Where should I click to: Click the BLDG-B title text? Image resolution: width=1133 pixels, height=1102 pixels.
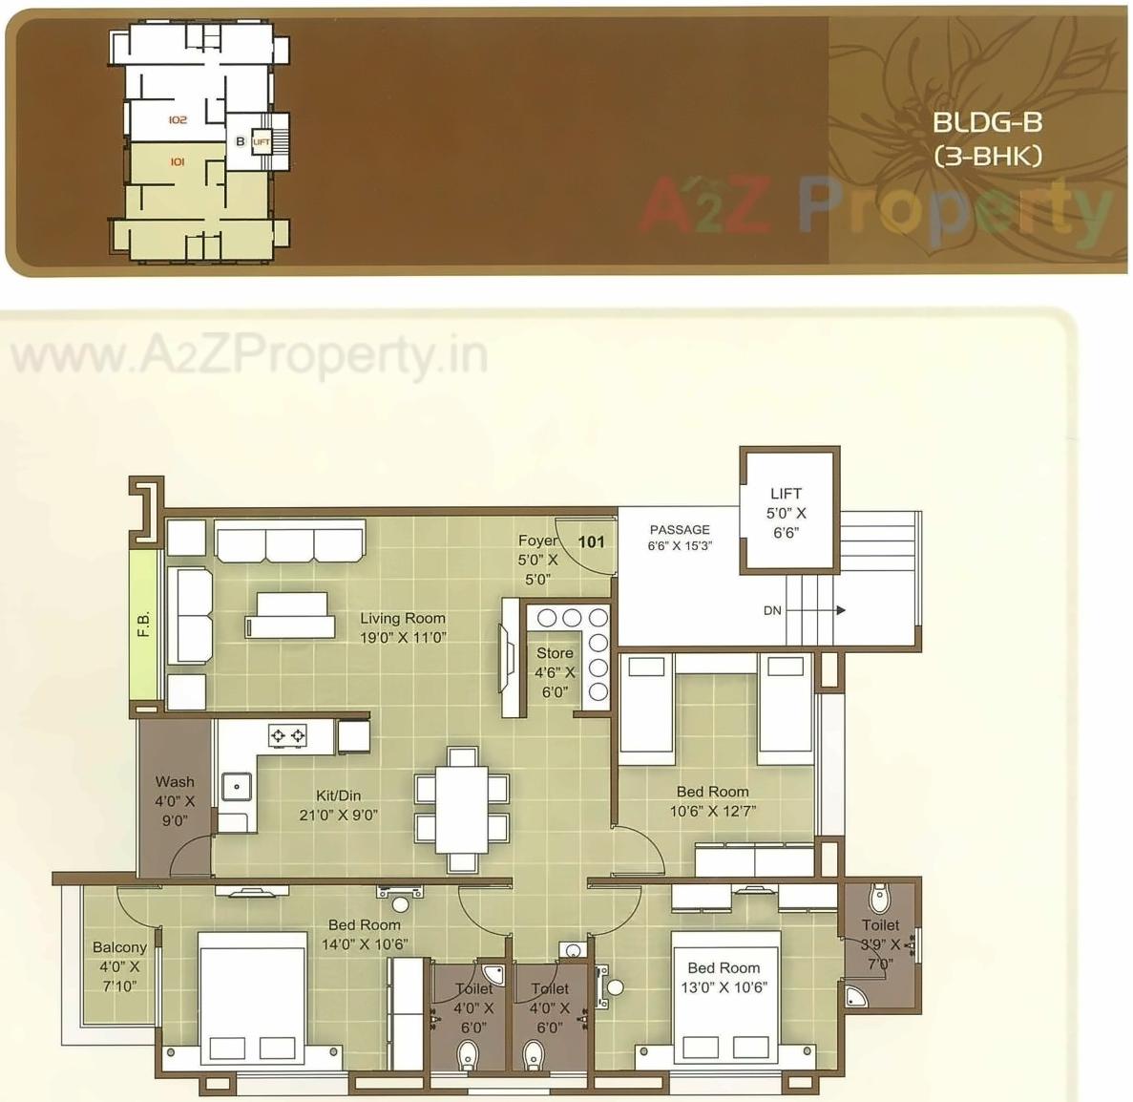(987, 122)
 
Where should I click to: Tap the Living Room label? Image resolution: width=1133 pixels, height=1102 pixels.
(402, 619)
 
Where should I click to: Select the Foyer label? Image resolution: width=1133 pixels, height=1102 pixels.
(537, 540)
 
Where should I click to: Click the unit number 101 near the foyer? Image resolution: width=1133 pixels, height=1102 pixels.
(592, 541)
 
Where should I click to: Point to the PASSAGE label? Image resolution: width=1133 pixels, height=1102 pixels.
(680, 530)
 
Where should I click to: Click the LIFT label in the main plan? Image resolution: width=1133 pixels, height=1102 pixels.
(786, 494)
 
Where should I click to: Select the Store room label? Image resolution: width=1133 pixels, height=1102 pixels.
(555, 653)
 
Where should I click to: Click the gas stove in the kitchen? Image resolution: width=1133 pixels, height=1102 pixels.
(287, 735)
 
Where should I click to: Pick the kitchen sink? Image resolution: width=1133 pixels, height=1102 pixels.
(235, 786)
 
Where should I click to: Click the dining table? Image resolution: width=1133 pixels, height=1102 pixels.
(462, 808)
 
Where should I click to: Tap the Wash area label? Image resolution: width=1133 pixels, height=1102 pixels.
(175, 781)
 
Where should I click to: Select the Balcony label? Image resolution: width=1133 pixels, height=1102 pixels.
(119, 947)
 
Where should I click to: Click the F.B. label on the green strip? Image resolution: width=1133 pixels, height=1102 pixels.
(144, 624)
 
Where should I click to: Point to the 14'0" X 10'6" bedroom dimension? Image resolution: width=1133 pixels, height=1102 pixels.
(365, 944)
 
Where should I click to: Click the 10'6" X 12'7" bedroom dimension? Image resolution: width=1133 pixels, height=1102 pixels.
(712, 812)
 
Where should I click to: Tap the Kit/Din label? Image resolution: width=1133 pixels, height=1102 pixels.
(338, 795)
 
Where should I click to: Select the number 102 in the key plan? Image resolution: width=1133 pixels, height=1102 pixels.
(177, 120)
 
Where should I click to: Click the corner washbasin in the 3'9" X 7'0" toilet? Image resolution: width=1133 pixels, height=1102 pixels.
(856, 997)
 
